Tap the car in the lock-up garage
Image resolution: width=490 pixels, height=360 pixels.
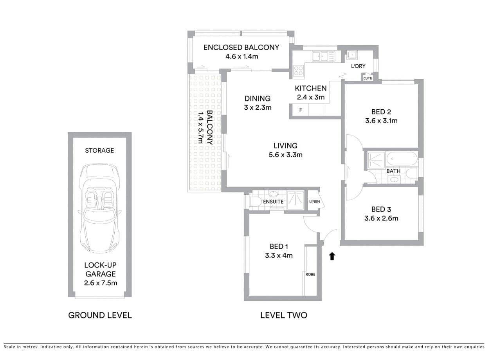(x=100, y=208)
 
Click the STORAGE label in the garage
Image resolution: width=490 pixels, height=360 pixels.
(x=99, y=150)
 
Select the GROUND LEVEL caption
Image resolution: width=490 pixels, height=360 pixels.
(x=100, y=315)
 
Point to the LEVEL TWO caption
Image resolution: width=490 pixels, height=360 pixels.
(x=284, y=315)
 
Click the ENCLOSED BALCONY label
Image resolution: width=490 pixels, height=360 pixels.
(x=241, y=47)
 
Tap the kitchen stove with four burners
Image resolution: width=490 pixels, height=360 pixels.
(x=298, y=71)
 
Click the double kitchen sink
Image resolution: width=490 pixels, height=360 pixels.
(x=324, y=56)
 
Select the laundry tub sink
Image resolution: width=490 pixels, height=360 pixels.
(x=352, y=55)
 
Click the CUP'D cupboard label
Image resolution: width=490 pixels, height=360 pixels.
(x=368, y=78)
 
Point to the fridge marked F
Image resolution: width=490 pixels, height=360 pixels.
(x=301, y=110)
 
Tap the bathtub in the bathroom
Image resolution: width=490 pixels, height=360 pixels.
(x=402, y=159)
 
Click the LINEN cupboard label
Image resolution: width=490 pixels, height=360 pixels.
(x=315, y=201)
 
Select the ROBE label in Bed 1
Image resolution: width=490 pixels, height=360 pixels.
(x=310, y=274)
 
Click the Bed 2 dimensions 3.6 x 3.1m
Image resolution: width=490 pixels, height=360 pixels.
(x=381, y=121)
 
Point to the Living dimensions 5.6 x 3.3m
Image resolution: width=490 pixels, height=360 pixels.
(x=285, y=155)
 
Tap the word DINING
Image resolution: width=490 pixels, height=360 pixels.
(x=258, y=99)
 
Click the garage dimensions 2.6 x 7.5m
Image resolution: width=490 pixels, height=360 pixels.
(x=101, y=283)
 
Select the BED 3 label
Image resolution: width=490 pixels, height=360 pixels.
(x=381, y=209)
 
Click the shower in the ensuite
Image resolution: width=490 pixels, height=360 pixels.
(x=295, y=200)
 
